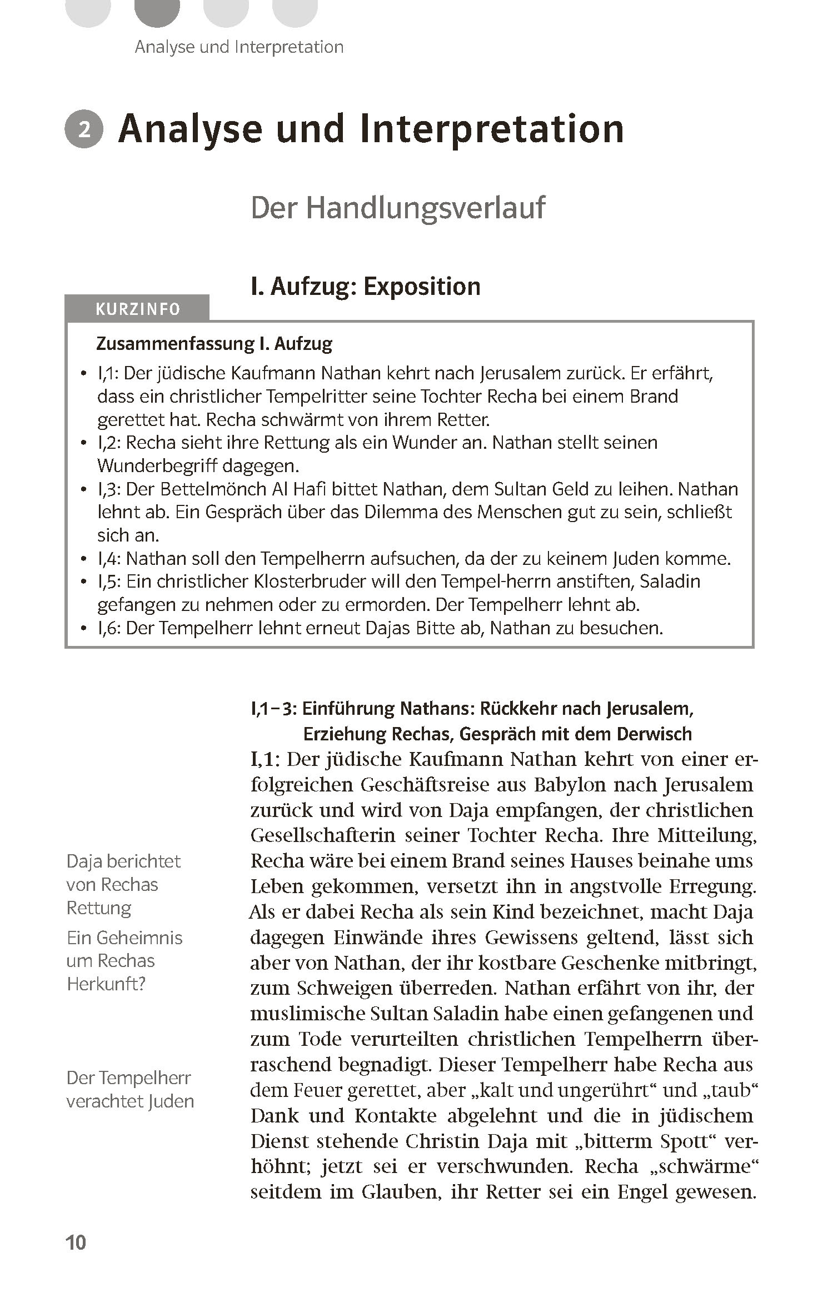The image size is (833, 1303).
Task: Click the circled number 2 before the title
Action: [x=84, y=129]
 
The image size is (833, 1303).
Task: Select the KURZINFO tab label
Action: [x=138, y=309]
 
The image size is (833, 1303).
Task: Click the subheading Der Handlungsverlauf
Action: [x=398, y=208]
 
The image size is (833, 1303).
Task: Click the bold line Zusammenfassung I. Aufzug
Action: [x=214, y=344]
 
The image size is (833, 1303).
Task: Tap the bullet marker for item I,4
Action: [x=84, y=559]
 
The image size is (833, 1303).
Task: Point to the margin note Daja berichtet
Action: [x=123, y=861]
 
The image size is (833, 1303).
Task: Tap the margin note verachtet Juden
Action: [x=130, y=1101]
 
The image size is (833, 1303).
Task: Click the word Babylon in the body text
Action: [x=566, y=785]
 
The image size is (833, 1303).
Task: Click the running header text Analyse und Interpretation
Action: [x=239, y=47]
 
